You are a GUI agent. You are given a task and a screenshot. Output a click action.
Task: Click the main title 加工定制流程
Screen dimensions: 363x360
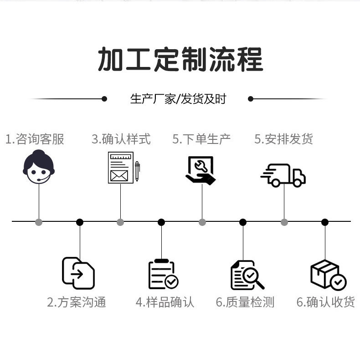pos(180,60)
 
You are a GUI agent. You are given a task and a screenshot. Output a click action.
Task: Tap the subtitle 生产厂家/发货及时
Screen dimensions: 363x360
pos(178,99)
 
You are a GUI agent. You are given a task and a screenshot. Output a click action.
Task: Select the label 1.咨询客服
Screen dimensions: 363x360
pos(35,139)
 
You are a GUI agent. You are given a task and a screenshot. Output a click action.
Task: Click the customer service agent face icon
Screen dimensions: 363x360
pos(39,167)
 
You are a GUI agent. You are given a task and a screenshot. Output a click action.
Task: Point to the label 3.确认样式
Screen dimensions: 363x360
pos(121,139)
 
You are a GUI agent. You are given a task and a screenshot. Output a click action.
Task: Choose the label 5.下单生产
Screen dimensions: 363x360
pos(201,139)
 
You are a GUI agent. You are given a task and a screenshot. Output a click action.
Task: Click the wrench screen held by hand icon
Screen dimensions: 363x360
pos(201,170)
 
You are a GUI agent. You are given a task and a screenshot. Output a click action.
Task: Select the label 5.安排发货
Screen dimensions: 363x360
pos(283,139)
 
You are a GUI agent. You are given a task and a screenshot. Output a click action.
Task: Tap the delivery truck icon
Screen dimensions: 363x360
pos(283,175)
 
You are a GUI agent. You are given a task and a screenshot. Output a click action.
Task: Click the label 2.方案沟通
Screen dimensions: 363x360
pos(77,302)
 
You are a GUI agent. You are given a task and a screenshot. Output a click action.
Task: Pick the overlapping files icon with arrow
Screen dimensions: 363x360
pos(78,273)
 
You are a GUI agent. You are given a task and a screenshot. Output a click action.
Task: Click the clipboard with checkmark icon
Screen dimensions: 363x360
pos(163,275)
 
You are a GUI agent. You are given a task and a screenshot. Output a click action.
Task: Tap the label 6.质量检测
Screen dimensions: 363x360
pos(245,302)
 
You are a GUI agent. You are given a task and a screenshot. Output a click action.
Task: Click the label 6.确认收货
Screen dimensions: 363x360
pos(325,302)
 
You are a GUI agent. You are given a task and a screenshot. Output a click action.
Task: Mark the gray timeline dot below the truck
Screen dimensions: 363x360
pos(284,222)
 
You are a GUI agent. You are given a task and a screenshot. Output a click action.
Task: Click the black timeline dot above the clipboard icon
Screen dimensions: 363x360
pos(161,222)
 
